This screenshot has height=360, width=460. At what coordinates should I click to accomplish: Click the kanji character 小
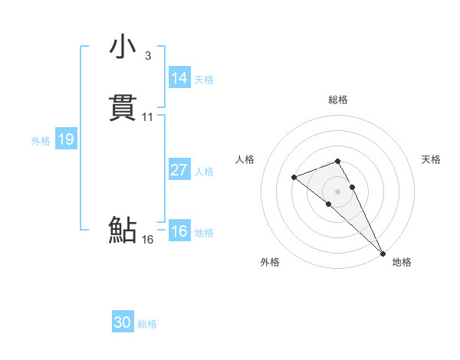point(123,47)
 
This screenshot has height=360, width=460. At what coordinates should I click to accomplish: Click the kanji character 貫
point(123,109)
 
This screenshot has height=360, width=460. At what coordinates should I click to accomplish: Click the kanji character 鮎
point(123,230)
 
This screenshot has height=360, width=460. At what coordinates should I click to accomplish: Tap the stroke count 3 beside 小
point(147,55)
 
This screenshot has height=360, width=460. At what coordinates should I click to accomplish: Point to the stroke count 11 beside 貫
point(147,117)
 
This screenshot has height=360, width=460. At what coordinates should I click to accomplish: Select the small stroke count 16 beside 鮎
point(147,239)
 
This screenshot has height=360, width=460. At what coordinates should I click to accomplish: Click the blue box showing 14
point(179,78)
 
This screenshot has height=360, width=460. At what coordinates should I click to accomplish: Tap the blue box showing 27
point(179,170)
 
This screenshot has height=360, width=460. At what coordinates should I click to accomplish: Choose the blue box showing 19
point(65,139)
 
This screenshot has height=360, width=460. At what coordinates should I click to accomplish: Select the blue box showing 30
point(123,322)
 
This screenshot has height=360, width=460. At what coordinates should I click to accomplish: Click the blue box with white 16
point(179,231)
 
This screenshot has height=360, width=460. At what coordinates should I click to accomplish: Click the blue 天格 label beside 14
point(204,80)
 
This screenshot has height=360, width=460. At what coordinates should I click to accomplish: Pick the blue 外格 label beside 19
point(40,141)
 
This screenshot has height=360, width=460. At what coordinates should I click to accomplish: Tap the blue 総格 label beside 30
point(147,324)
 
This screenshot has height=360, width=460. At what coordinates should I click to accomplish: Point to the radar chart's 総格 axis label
point(338,100)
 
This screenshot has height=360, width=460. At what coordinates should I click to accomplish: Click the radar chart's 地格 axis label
point(402,262)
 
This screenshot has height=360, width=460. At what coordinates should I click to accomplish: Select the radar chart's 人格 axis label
point(245,159)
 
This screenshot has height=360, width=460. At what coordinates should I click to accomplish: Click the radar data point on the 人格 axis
point(294,178)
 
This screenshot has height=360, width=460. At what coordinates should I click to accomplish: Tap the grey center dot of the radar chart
point(338,191)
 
